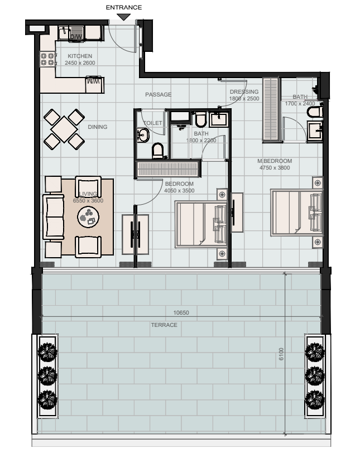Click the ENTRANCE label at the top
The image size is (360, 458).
123,7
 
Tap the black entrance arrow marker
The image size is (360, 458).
124,17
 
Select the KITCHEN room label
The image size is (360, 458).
80,56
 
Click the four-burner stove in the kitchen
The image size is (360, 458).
47,59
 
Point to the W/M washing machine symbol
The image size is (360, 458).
94,81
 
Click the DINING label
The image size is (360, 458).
98,127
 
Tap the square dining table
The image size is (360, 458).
64,129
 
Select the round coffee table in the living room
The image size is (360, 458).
88,217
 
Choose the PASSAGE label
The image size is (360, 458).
159,94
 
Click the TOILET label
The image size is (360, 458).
153,123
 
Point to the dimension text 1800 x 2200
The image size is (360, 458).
201,140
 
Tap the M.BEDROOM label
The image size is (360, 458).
275,161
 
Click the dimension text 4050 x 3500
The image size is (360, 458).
179,190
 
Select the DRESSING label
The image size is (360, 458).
244,91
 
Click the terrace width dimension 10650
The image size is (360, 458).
181,312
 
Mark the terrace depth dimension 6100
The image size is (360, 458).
281,354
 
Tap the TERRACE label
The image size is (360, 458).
164,325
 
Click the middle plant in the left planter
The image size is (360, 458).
47,375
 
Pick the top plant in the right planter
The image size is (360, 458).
315,351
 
